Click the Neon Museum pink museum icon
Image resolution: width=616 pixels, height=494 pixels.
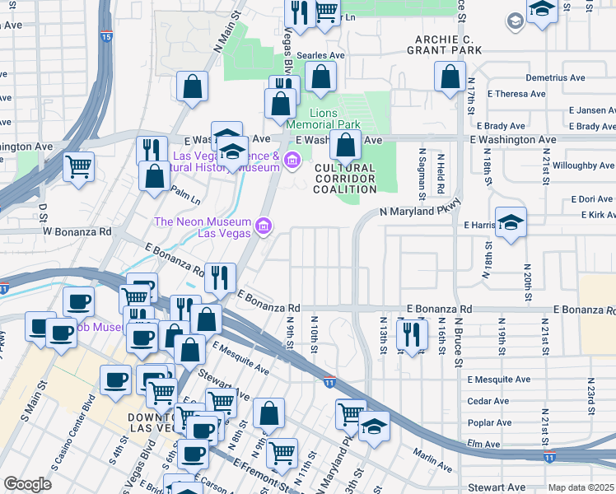263,225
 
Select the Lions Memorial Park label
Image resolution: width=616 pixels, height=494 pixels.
334,119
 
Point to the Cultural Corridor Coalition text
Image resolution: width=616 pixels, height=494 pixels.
344,179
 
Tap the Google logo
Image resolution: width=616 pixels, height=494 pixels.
27,483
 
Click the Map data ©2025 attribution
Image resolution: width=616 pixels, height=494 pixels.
581,487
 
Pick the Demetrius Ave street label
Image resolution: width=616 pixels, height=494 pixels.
555,77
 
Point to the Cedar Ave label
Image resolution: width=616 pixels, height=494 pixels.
488,402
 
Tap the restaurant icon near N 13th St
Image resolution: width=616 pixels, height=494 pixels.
408,333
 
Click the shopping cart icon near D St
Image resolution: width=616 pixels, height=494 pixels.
79,165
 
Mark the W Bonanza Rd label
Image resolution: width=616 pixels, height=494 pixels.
77,232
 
